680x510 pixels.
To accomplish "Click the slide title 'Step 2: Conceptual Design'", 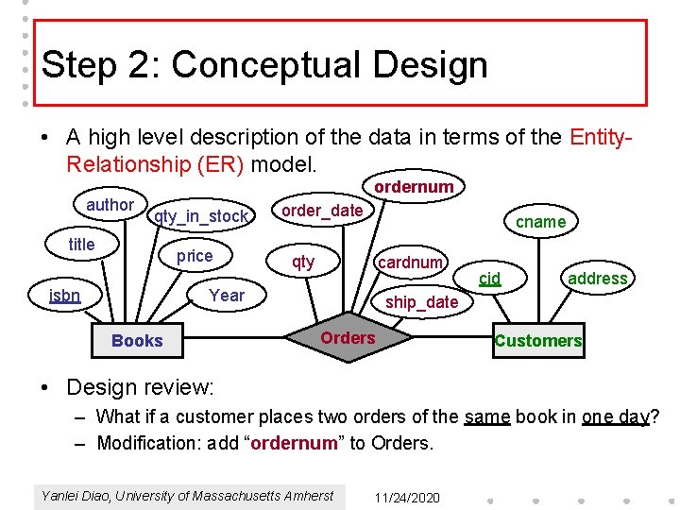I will tap(265, 65).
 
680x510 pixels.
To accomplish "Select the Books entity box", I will tap(137, 341).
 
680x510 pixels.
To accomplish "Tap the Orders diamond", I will tap(348, 338).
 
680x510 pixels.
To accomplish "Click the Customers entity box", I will tap(538, 341).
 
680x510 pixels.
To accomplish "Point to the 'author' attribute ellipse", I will tap(110, 205).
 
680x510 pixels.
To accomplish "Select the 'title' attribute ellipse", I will tap(82, 245).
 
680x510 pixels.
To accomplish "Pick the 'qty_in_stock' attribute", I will tap(201, 217).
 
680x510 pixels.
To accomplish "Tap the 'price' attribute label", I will tap(195, 256).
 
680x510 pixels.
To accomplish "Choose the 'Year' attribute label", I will tap(227, 295).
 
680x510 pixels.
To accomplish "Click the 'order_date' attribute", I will tap(322, 211).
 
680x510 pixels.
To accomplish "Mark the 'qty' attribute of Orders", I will tap(303, 262).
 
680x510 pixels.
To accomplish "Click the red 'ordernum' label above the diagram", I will tap(414, 187).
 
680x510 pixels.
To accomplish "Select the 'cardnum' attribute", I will tap(410, 263).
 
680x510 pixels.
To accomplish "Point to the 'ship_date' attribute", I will tap(422, 302).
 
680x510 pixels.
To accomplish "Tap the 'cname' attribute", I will tap(540, 222).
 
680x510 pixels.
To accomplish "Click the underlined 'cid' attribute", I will tap(489, 278).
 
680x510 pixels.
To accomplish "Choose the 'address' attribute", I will tap(597, 278).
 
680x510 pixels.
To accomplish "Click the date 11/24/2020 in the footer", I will tap(406, 497).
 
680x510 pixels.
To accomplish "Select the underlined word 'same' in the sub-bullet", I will tap(486, 416).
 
